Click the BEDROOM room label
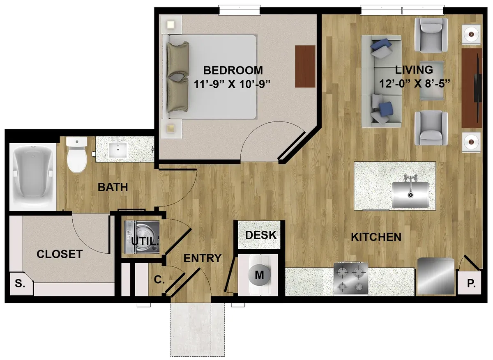(233, 70)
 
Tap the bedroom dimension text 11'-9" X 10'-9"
(232, 84)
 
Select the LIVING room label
(414, 70)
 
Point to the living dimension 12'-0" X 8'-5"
(415, 84)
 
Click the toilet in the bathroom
(77, 154)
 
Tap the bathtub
(32, 176)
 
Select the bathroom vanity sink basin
(118, 150)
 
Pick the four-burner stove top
(351, 279)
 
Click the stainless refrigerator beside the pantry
(436, 277)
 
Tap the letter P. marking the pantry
(471, 284)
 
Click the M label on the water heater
(259, 275)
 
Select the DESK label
(261, 235)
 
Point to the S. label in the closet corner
(20, 283)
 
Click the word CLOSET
(60, 254)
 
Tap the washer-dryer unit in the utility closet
(141, 237)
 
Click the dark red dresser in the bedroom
(305, 66)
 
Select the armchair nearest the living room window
(431, 35)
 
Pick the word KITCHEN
(376, 237)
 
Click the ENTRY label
(202, 258)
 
